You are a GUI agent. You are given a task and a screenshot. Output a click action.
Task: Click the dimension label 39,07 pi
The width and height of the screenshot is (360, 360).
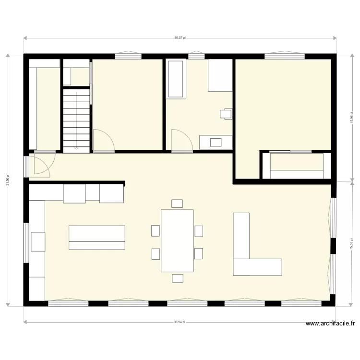coord(179,37)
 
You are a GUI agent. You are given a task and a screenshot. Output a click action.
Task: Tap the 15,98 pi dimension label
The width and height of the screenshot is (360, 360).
coord(352,118)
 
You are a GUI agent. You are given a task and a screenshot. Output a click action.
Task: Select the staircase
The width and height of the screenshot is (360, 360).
coord(76,120)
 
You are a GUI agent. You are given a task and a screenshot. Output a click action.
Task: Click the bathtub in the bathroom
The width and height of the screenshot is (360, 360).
coord(176,79)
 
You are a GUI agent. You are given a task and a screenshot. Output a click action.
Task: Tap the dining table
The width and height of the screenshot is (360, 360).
coord(177,240)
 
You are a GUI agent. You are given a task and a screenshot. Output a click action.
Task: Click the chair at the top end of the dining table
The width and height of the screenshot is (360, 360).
coord(177,204)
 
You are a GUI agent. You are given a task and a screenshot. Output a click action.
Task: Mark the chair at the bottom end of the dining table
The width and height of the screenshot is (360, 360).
coord(178,278)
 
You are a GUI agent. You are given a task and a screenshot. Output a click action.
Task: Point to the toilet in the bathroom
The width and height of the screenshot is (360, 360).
coord(226,113)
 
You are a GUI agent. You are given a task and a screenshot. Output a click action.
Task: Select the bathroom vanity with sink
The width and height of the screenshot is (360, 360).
coord(216,142)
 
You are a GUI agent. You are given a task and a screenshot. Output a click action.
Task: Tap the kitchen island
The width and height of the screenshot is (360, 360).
coord(97,238)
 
